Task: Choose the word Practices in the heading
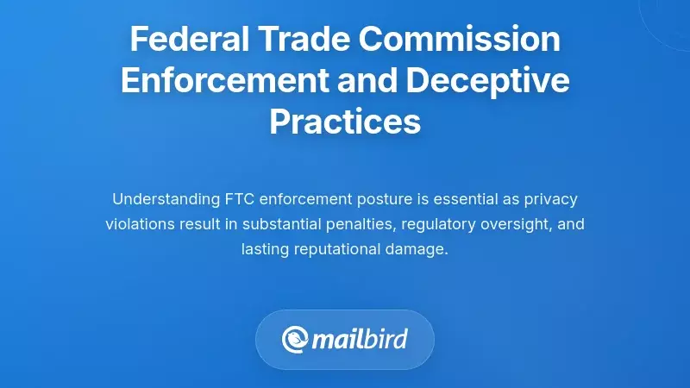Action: click(345, 122)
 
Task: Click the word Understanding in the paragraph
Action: click(165, 199)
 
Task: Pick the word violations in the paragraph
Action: click(139, 224)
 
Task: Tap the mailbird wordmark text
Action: click(360, 339)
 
